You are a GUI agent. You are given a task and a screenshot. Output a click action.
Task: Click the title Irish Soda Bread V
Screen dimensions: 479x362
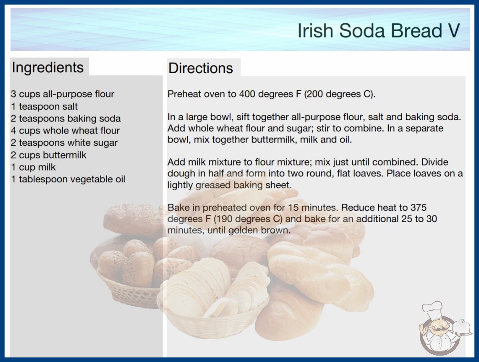(x=379, y=31)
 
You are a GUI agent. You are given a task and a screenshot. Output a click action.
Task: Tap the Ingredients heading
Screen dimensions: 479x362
(x=48, y=67)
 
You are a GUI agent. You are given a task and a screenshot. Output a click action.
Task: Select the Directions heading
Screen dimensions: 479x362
(x=201, y=68)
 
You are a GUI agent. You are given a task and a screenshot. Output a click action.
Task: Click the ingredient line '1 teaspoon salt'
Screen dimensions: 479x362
(x=44, y=106)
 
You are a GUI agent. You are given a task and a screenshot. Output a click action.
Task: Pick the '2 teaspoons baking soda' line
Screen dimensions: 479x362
(x=65, y=118)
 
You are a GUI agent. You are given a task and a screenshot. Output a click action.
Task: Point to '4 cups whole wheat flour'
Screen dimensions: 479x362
(x=65, y=131)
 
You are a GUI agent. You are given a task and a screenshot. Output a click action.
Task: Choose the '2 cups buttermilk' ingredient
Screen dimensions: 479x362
(x=49, y=155)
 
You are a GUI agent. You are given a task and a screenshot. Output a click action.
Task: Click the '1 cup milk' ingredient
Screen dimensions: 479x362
(x=33, y=167)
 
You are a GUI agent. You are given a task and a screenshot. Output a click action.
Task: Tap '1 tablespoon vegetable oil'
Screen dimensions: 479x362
(x=68, y=179)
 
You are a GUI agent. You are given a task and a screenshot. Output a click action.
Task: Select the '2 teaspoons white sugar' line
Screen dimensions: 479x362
(x=64, y=143)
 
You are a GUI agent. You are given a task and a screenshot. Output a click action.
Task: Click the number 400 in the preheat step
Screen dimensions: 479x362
(x=247, y=94)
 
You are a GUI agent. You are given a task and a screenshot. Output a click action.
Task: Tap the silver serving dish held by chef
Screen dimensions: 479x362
(x=462, y=328)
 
